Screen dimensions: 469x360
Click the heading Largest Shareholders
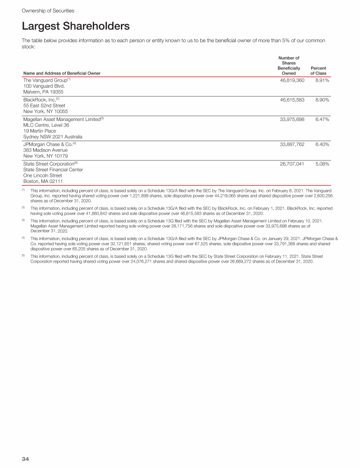point(75,26)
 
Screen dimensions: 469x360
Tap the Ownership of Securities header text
point(48,10)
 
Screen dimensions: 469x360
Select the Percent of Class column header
point(318,70)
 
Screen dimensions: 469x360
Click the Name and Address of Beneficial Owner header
point(62,73)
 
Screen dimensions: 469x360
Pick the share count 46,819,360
point(292,81)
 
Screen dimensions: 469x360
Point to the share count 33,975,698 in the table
point(292,120)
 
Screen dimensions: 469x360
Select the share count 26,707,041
point(292,165)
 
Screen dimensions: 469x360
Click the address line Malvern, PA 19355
point(43,92)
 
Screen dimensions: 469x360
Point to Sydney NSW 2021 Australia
point(53,137)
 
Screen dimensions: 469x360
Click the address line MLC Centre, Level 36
point(46,125)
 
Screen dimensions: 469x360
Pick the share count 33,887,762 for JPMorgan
point(292,145)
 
